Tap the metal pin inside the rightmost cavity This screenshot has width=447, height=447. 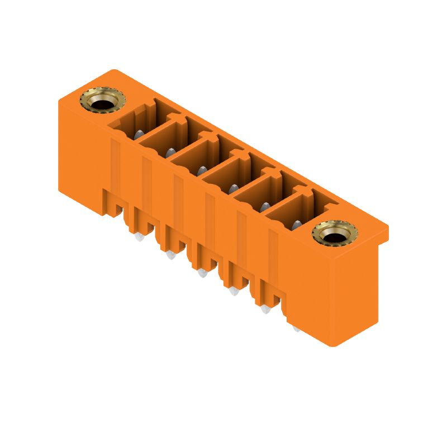[x=297, y=225]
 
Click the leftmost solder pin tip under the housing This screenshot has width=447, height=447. [x=139, y=237]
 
